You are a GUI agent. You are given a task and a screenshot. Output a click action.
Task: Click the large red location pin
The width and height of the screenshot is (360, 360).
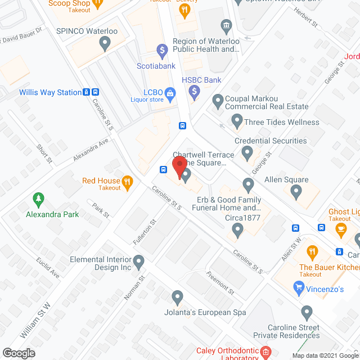[x=179, y=167]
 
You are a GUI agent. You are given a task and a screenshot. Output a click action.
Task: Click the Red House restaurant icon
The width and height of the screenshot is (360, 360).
[x=128, y=181]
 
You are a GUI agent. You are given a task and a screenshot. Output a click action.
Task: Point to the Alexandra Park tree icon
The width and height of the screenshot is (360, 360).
[x=38, y=199]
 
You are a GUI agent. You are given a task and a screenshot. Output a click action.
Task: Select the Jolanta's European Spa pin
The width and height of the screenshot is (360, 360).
[x=178, y=296]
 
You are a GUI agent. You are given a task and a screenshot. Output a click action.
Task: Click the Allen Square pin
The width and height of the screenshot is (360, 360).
[x=296, y=193]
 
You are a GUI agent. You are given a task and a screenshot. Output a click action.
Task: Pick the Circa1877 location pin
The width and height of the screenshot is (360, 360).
[x=238, y=229]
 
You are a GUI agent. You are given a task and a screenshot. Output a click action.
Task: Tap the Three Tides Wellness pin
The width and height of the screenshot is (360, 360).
[x=237, y=121]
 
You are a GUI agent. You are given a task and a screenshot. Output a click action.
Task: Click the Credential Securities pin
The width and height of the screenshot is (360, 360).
[x=246, y=152]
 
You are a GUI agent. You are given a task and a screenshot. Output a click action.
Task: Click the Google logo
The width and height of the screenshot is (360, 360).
[x=18, y=353]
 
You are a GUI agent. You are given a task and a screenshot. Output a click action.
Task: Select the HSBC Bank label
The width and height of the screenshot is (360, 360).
[x=201, y=80]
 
